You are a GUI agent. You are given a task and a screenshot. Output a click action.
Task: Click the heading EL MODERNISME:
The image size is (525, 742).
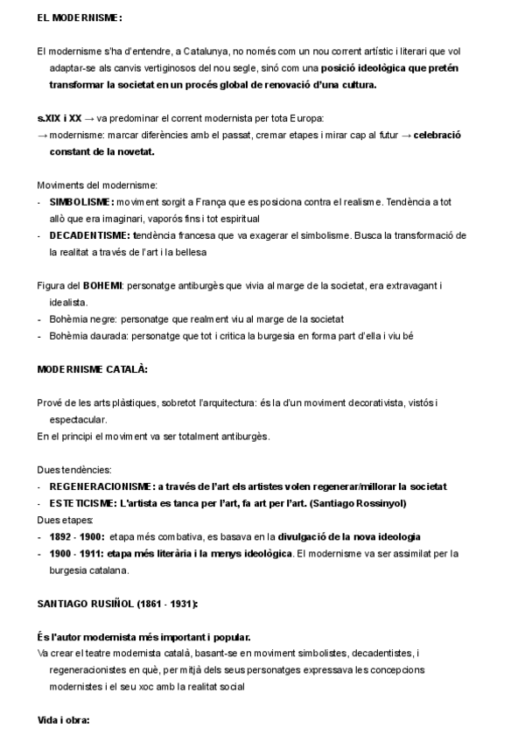coord(80,17)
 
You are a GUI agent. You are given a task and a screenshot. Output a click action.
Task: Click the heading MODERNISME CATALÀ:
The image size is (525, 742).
coord(91,369)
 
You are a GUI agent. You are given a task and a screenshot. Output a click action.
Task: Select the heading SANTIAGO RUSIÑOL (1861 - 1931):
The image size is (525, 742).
coord(116,604)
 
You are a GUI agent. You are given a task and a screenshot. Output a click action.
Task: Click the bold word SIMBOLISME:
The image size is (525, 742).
coord(82,202)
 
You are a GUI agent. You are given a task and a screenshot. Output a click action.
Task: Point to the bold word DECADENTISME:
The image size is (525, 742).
coord(90,235)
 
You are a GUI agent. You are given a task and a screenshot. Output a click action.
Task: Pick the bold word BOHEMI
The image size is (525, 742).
coord(102,285)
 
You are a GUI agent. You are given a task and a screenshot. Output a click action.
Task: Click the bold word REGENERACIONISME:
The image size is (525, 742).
coord(101,486)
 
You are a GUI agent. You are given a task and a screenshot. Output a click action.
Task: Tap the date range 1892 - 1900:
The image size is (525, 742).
coord(77,536)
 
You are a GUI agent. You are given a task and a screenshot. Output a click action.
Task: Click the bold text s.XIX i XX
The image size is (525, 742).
coord(59,118)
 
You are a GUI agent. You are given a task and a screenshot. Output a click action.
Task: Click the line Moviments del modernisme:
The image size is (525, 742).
coord(97,185)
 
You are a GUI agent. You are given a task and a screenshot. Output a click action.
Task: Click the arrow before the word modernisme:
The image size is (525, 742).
coord(42,136)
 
